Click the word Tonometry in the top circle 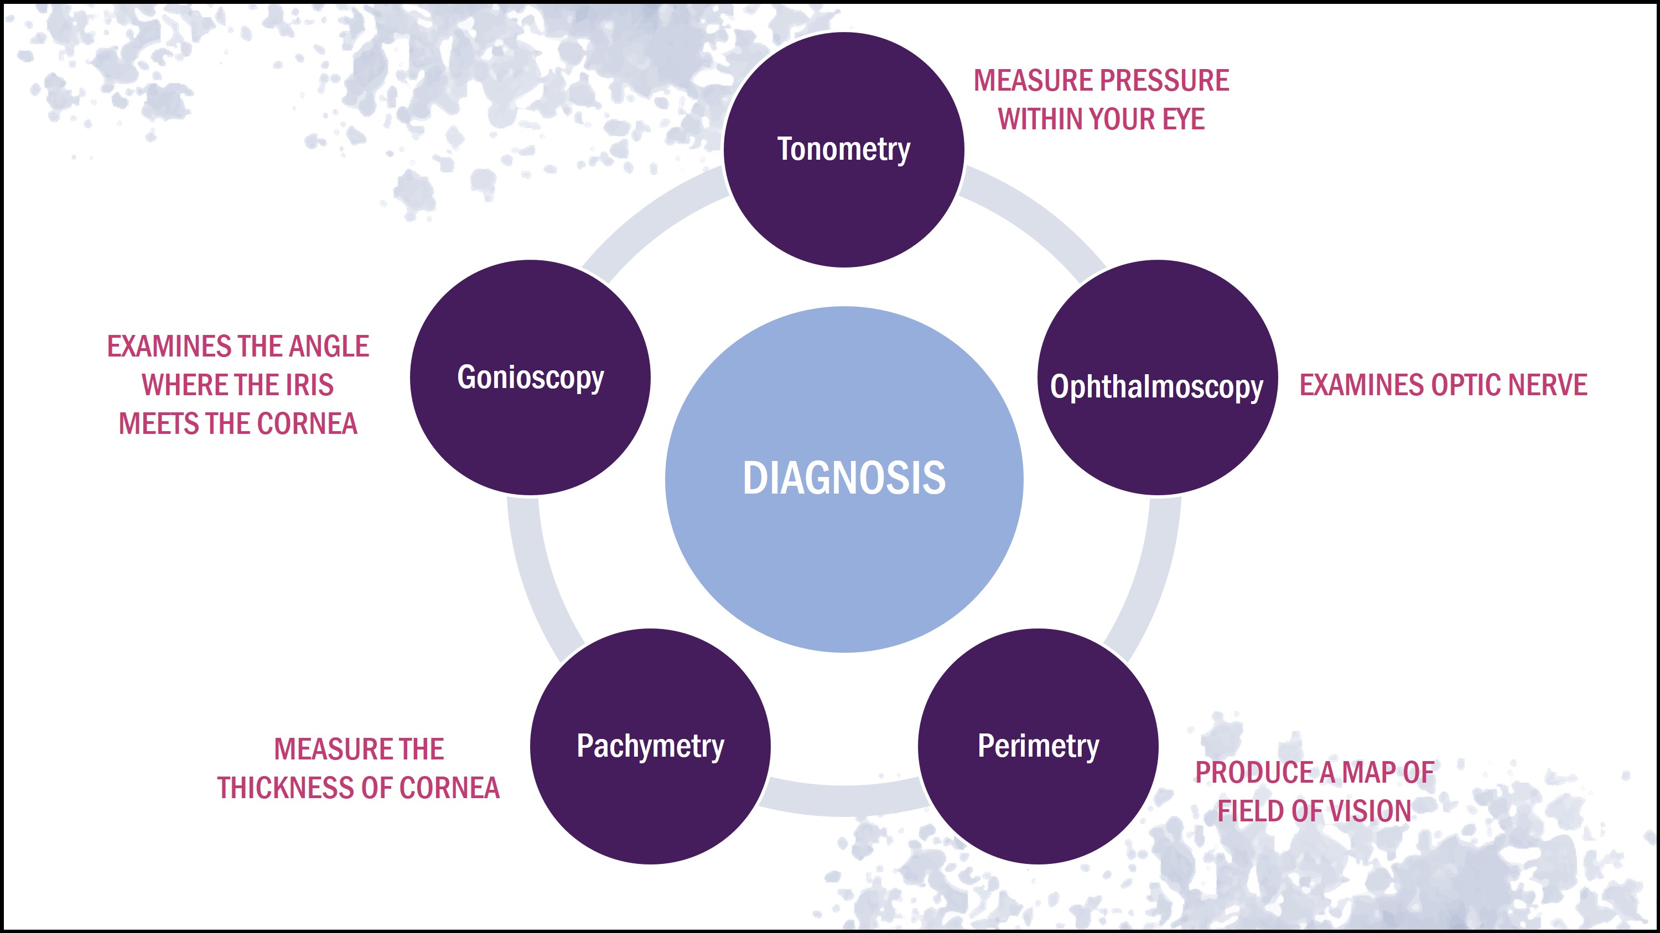click(843, 149)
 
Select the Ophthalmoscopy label click(1156, 386)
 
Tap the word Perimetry click(1038, 746)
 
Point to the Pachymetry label click(650, 746)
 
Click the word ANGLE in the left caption click(328, 347)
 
